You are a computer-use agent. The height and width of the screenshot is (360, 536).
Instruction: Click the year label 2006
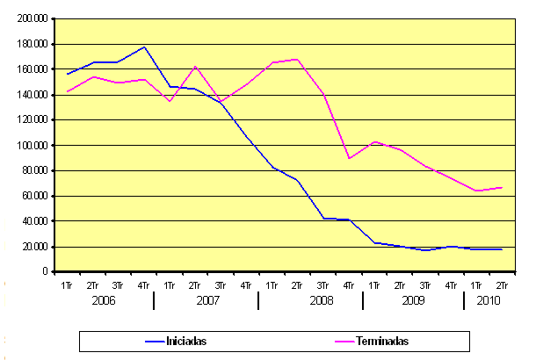(x=104, y=300)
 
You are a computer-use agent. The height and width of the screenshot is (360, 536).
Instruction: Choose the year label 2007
(x=207, y=300)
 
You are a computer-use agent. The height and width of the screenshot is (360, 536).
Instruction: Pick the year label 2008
(x=311, y=300)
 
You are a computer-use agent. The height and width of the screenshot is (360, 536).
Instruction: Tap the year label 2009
(x=413, y=300)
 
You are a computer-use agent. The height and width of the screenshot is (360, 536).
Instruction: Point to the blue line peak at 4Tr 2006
(x=143, y=47)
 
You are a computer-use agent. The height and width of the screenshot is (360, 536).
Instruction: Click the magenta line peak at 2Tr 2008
(x=297, y=59)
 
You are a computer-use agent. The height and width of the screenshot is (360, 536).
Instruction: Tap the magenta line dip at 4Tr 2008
(x=349, y=158)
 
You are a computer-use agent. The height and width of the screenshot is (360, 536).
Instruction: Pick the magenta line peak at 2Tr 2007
(x=195, y=66)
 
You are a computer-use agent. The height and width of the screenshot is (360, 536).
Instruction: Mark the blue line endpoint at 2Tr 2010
(x=502, y=249)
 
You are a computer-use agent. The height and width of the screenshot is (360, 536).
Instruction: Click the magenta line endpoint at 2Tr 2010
(x=502, y=187)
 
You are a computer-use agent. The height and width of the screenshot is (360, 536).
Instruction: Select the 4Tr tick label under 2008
(x=349, y=284)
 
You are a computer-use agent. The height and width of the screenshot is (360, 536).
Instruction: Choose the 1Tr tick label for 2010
(x=476, y=284)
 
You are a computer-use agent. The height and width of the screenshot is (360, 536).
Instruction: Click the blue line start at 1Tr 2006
(x=67, y=74)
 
